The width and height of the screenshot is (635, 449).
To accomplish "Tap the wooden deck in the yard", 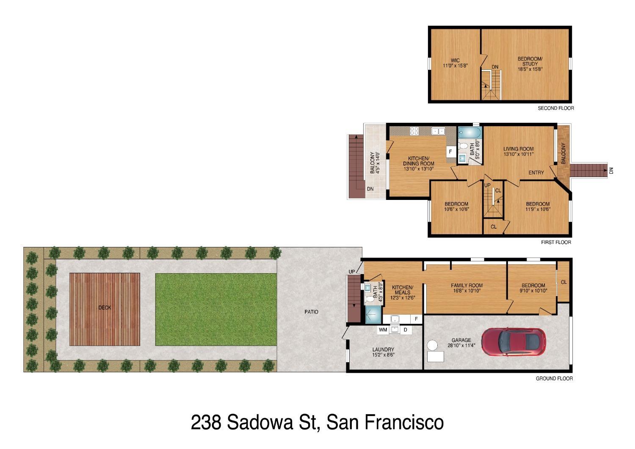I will tap(105, 309).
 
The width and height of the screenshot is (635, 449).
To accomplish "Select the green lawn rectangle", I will tap(216, 309).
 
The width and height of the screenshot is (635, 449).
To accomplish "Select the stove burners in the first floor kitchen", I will tap(414, 131).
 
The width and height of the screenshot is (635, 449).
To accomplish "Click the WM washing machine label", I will tap(383, 330).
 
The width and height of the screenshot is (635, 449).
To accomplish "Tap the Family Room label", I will tap(467, 285).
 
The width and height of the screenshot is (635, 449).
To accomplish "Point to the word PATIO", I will tap(311, 312).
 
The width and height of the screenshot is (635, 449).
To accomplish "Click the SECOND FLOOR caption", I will tap(555, 108).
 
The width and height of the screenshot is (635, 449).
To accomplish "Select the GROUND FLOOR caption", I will tap(554, 378).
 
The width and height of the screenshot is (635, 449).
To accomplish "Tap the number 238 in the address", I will tap(206, 422).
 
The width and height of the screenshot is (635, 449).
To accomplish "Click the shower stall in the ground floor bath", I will tap(373, 315).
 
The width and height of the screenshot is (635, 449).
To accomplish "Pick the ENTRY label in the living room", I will tap(536, 172).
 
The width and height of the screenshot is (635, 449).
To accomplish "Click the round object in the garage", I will tap(432, 345).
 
